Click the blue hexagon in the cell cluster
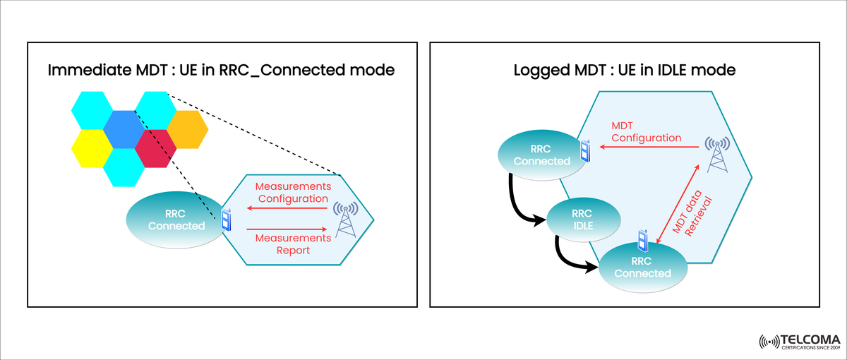point(124,129)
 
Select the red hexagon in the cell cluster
point(155,148)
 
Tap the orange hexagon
point(186,129)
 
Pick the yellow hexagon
point(92,148)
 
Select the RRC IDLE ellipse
point(582,220)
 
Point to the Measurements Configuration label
point(293,192)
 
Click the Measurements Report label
point(293,244)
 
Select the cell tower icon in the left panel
point(346,219)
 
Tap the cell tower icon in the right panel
point(718,155)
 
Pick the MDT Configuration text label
point(646,131)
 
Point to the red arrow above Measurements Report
point(287,229)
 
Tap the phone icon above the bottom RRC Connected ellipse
point(643,239)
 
